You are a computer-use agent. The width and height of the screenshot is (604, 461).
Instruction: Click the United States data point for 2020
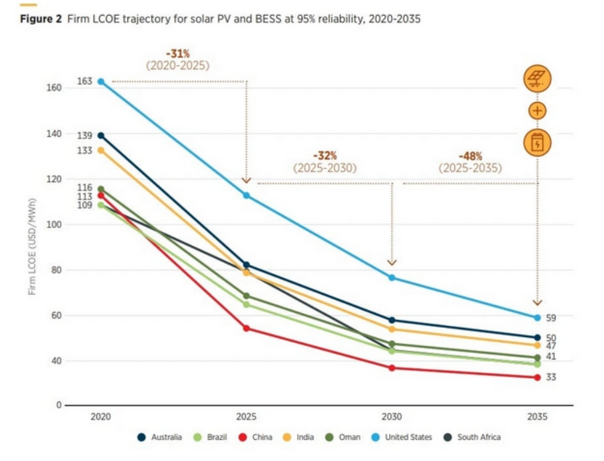101,82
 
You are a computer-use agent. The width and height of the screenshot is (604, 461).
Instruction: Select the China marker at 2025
247,328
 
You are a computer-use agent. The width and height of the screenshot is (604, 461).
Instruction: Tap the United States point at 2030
392,277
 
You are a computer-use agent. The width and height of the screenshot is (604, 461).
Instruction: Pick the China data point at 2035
537,377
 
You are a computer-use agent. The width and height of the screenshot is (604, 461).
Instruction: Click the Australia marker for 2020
101,135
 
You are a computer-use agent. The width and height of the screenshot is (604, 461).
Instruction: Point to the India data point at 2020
101,150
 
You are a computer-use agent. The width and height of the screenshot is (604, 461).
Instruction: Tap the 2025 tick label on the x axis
246,417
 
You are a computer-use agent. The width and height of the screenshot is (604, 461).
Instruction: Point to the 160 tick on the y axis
54,88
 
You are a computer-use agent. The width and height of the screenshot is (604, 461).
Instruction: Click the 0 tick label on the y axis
59,405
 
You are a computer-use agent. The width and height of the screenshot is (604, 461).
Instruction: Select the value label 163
85,81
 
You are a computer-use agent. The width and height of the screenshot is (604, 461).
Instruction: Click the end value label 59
551,318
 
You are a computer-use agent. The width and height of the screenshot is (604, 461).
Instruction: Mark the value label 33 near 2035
551,377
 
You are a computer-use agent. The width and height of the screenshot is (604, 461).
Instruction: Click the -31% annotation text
178,53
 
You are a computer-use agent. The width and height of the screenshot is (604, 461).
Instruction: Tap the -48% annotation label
470,156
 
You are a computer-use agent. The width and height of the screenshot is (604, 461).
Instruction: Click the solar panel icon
537,79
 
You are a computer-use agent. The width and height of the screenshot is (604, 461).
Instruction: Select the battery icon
537,142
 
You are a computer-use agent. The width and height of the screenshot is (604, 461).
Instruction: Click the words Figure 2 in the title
41,19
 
